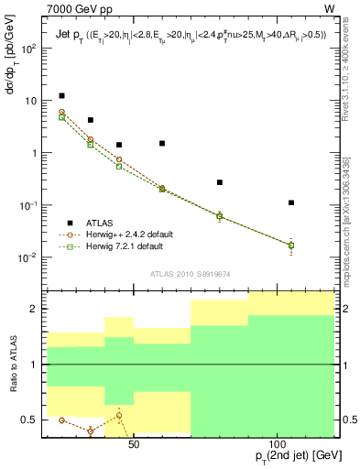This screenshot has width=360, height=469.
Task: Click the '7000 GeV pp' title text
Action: point(77,8)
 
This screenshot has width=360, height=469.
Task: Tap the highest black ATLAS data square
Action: point(61,95)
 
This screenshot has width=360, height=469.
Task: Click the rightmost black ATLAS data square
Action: point(291,202)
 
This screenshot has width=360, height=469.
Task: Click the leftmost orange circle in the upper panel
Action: point(61,112)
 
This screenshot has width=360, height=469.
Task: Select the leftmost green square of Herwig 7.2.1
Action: point(61,117)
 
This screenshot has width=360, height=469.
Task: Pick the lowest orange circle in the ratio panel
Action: point(90,431)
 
